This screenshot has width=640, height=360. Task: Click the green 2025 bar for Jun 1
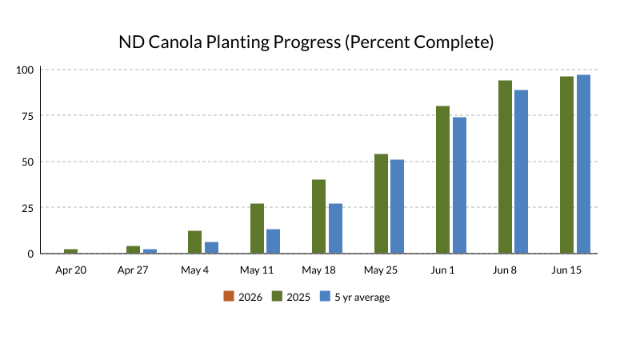(x=443, y=180)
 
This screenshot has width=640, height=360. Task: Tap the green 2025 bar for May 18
(x=318, y=217)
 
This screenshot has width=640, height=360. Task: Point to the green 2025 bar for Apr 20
(x=70, y=251)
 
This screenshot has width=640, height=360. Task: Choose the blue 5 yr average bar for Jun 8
(x=521, y=172)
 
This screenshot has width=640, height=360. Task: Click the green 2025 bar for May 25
(x=381, y=204)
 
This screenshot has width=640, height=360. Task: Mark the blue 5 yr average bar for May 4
(x=211, y=248)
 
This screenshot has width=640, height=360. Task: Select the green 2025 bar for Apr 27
(x=133, y=250)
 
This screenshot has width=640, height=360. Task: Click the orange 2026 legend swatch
(x=229, y=297)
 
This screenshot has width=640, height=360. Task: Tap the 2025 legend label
(x=298, y=297)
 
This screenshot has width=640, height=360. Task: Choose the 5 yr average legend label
(x=362, y=297)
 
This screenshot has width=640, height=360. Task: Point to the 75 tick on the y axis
(x=27, y=116)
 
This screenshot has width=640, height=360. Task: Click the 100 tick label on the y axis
(x=25, y=70)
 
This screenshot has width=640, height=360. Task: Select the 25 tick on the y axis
(x=27, y=208)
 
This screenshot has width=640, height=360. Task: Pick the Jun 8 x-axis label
(x=505, y=270)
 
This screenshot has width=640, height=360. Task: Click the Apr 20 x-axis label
(x=70, y=270)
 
